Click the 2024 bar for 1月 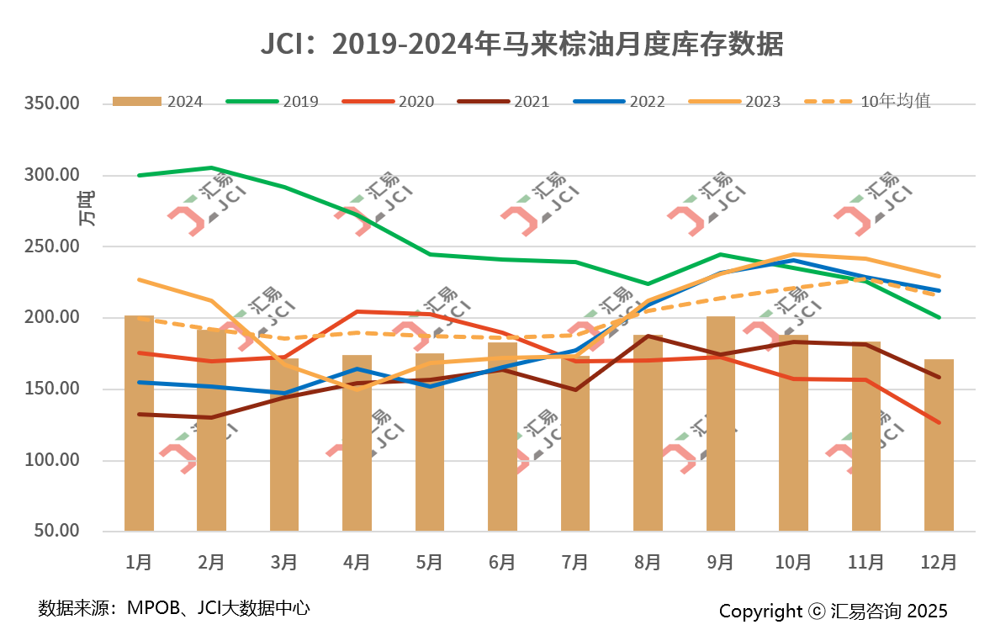139,423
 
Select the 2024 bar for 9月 721,423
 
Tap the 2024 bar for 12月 939,445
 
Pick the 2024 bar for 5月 430,442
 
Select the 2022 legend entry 619,102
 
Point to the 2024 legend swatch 136,102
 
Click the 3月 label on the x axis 284,562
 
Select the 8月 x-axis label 648,562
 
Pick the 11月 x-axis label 865,562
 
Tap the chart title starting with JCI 521,45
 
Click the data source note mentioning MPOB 174,607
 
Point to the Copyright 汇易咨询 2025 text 833,611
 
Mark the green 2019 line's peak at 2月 212,168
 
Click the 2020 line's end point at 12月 939,422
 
